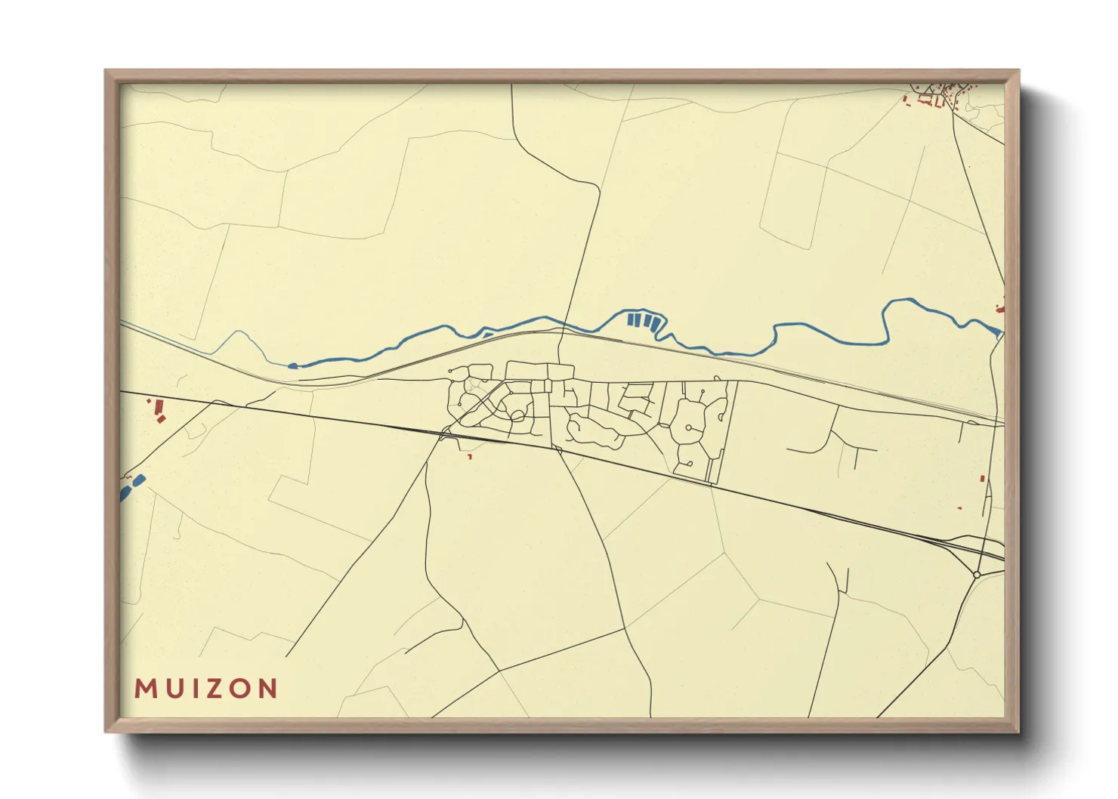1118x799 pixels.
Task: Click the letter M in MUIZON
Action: point(144,688)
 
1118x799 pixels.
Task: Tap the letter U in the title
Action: point(174,688)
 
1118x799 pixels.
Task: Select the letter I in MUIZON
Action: point(194,688)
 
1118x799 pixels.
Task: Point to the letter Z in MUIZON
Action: point(215,688)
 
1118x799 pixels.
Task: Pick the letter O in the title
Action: point(241,688)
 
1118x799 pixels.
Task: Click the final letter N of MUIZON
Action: point(268,688)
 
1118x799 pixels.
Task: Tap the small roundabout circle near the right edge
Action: point(977,575)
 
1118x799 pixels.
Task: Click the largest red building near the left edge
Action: point(159,408)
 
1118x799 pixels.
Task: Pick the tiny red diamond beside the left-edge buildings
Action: point(149,401)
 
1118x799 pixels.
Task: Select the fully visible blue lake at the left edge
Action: point(138,480)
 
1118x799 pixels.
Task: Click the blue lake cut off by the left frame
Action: point(125,493)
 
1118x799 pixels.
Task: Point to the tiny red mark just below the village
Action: point(469,456)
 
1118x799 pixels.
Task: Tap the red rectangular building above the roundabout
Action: point(982,478)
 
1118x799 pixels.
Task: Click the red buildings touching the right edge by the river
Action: point(1001,308)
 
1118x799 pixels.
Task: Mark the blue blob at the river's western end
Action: point(293,366)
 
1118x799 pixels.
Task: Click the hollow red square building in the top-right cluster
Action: point(925,99)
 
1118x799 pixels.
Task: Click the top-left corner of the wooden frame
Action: point(106,71)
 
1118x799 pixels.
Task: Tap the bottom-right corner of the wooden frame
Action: point(1018,731)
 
